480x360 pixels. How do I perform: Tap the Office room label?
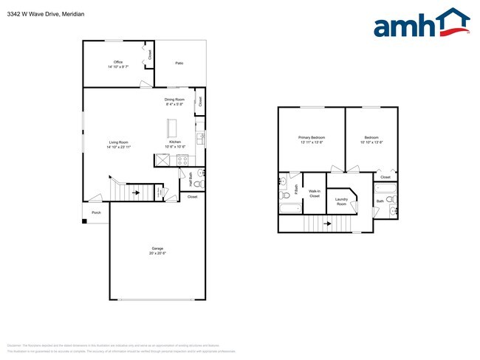(x=117, y=62)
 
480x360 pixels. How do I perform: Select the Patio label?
(x=179, y=63)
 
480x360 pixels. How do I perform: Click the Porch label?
(x=96, y=212)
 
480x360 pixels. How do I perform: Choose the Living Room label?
(x=118, y=142)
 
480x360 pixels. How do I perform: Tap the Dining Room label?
(x=174, y=100)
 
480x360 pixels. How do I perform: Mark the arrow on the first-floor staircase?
(x=136, y=193)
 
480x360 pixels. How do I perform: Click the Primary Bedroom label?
(x=312, y=138)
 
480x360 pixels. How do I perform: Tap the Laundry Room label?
(x=341, y=201)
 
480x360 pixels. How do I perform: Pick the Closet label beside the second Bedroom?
(x=385, y=177)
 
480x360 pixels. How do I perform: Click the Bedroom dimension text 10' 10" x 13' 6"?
(x=371, y=142)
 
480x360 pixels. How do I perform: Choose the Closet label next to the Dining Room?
(x=199, y=101)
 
